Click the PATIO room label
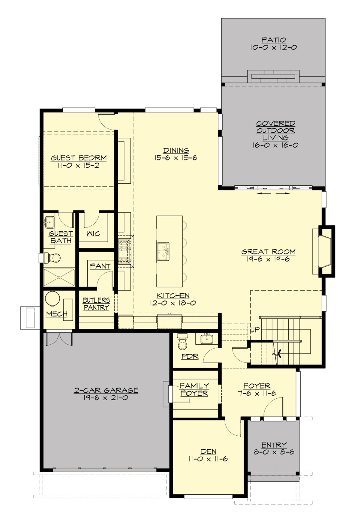coord(273,40)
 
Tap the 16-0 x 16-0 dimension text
coord(275,145)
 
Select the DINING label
coord(176,150)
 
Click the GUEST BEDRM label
coord(79,158)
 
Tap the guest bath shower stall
coord(59,277)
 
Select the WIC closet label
coord(93,234)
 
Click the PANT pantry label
coord(100,266)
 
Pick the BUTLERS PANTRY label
coord(96,304)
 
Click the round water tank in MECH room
coord(53,298)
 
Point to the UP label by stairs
coord(255,330)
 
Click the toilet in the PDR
coord(182,342)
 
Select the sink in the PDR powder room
coord(207,339)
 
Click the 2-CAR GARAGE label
coord(106,390)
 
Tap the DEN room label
coord(208,451)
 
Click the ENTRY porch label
coord(274,445)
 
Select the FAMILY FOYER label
coord(194,389)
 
